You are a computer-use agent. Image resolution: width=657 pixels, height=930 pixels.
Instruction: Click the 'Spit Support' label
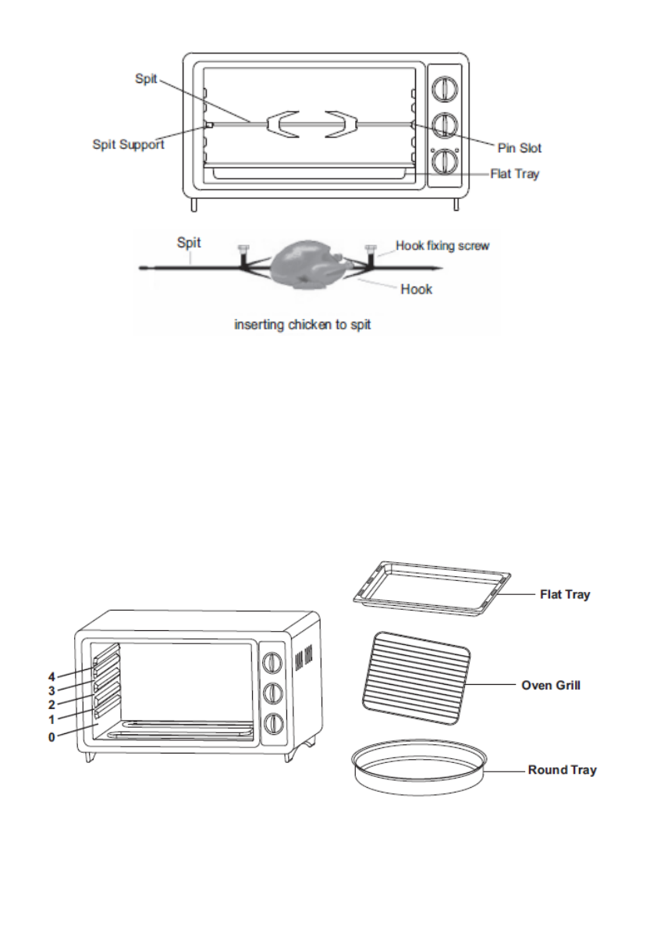pyautogui.click(x=128, y=144)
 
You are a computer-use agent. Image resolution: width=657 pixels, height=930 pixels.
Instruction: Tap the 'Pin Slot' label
pyautogui.click(x=520, y=148)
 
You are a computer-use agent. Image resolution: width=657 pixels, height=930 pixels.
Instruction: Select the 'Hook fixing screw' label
pyautogui.click(x=442, y=245)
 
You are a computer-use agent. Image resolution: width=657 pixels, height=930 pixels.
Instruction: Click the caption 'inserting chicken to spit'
pyautogui.click(x=303, y=324)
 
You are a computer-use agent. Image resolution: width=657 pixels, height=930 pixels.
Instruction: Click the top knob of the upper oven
pyautogui.click(x=444, y=90)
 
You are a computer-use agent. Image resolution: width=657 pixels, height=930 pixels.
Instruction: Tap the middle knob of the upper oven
pyautogui.click(x=444, y=125)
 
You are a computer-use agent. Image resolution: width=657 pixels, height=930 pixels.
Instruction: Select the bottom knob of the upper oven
pyautogui.click(x=444, y=162)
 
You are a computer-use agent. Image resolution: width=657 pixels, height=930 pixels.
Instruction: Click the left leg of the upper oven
pyautogui.click(x=194, y=205)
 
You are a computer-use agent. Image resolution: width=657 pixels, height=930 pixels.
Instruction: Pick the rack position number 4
pyautogui.click(x=51, y=677)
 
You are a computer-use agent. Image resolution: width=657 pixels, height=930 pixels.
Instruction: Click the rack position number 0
pyautogui.click(x=51, y=737)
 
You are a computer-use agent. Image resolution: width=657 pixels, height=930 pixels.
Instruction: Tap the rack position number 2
pyautogui.click(x=51, y=704)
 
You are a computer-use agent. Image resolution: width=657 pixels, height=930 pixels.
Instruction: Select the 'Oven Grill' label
pyautogui.click(x=551, y=685)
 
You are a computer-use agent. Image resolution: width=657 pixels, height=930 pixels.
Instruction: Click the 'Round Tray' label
pyautogui.click(x=563, y=770)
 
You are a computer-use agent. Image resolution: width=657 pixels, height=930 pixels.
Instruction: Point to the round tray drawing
pyautogui.click(x=419, y=767)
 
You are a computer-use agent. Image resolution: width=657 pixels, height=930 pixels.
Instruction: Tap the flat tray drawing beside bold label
pyautogui.click(x=431, y=588)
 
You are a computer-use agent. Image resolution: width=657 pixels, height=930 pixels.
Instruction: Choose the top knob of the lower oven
pyautogui.click(x=272, y=662)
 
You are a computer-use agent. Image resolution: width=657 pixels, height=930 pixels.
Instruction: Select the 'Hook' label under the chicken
pyautogui.click(x=417, y=290)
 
